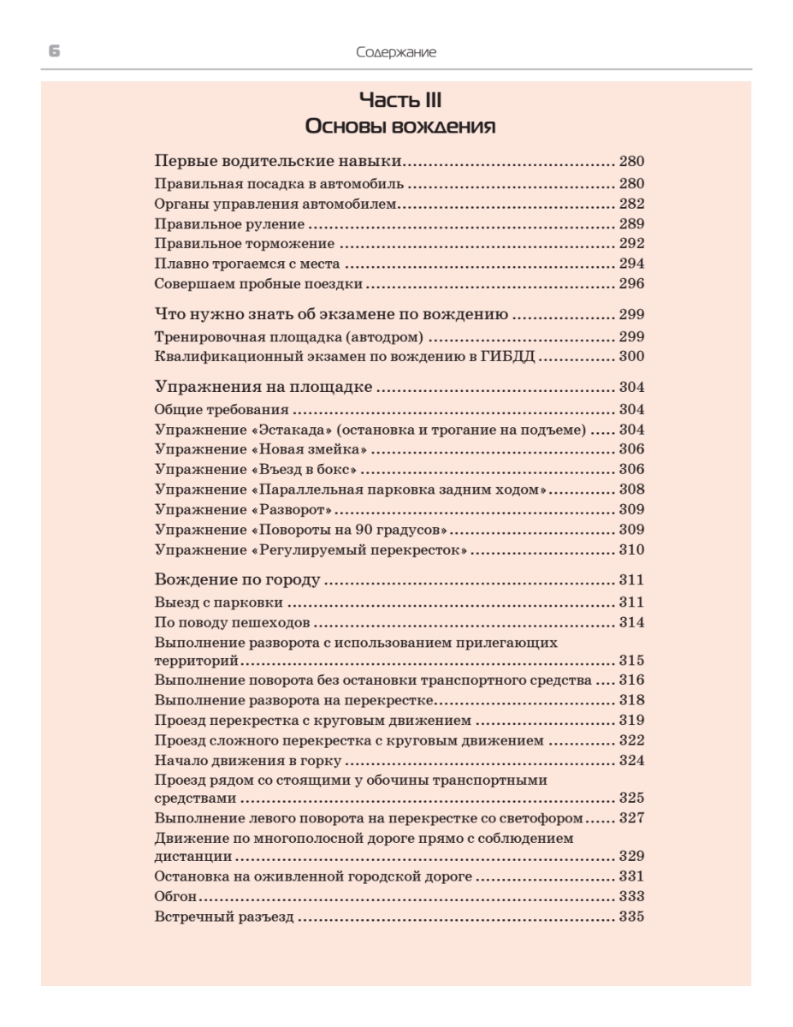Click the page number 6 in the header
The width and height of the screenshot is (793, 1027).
coord(54,52)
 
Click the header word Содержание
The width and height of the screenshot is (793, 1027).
coord(396,53)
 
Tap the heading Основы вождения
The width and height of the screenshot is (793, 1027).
coord(399,128)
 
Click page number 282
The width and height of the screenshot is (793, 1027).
coord(631,204)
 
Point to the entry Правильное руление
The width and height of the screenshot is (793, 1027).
coord(229,224)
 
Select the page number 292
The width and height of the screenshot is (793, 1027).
coord(631,243)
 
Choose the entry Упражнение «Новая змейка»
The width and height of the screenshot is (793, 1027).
coord(261,450)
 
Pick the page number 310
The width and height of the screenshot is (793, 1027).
coord(631,549)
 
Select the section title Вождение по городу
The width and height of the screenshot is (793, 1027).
coord(237,581)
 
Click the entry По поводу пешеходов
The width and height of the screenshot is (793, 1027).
coord(232,622)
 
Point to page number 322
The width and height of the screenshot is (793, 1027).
coord(631,739)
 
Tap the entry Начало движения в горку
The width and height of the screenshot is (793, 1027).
coord(248,759)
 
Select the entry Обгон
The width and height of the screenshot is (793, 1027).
coord(175,897)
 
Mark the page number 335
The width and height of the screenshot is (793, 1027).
coord(631,917)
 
